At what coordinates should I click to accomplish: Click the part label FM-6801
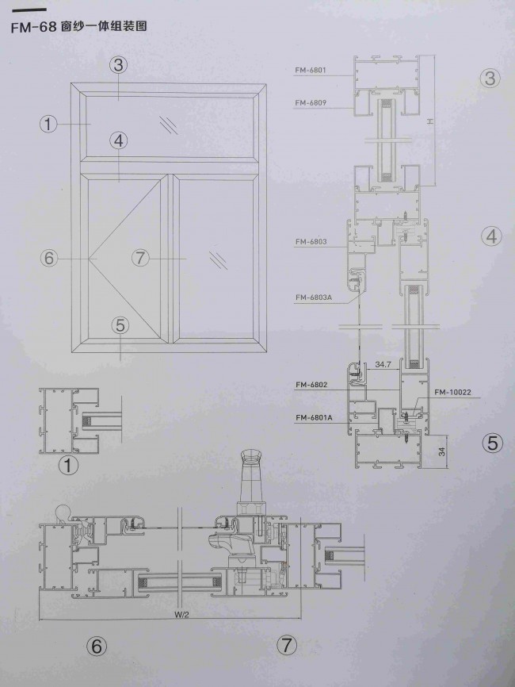(x=311, y=70)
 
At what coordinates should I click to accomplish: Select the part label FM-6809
(x=311, y=103)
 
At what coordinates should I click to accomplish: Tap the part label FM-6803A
(x=313, y=297)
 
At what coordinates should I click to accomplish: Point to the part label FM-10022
(x=453, y=392)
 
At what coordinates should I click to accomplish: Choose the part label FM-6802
(x=311, y=385)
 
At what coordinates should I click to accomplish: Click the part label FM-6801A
(x=314, y=417)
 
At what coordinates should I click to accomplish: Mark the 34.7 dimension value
(x=383, y=364)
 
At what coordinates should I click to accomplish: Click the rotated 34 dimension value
(x=442, y=451)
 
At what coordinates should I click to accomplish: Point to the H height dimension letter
(x=430, y=121)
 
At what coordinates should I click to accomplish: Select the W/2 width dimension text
(x=181, y=615)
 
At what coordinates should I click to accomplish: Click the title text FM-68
(x=34, y=27)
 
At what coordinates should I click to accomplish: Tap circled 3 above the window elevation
(x=118, y=65)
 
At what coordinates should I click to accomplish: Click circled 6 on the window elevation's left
(x=49, y=258)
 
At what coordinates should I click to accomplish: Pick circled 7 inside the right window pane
(x=140, y=258)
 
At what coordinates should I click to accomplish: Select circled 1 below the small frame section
(x=68, y=466)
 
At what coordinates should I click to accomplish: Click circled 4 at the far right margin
(x=492, y=236)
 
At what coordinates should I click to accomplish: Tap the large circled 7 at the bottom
(x=287, y=646)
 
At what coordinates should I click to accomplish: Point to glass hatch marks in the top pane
(x=169, y=124)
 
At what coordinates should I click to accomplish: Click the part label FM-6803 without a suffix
(x=311, y=241)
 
